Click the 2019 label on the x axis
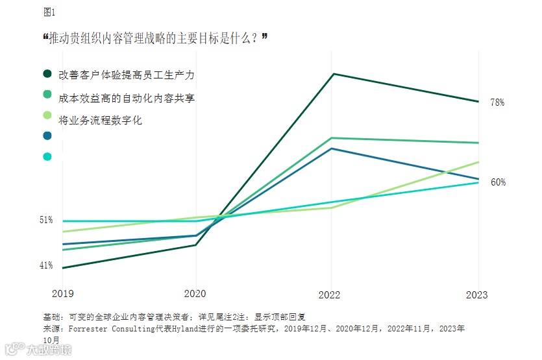point(63,294)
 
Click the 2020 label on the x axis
point(195,294)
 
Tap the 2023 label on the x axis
point(478,294)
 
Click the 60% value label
point(498,182)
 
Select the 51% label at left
point(46,220)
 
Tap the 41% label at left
point(46,265)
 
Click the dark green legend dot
point(47,75)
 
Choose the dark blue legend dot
point(47,136)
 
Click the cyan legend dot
point(47,156)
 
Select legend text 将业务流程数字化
point(100,120)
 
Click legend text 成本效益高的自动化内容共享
point(127,98)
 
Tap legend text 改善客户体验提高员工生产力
point(127,75)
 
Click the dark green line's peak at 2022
point(332,74)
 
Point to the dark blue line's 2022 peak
point(332,149)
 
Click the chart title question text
point(156,39)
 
